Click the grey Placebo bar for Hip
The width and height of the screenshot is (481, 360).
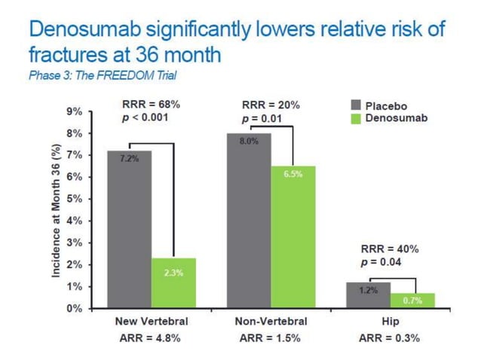tap(368, 295)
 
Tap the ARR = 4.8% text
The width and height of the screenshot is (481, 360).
tap(151, 337)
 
